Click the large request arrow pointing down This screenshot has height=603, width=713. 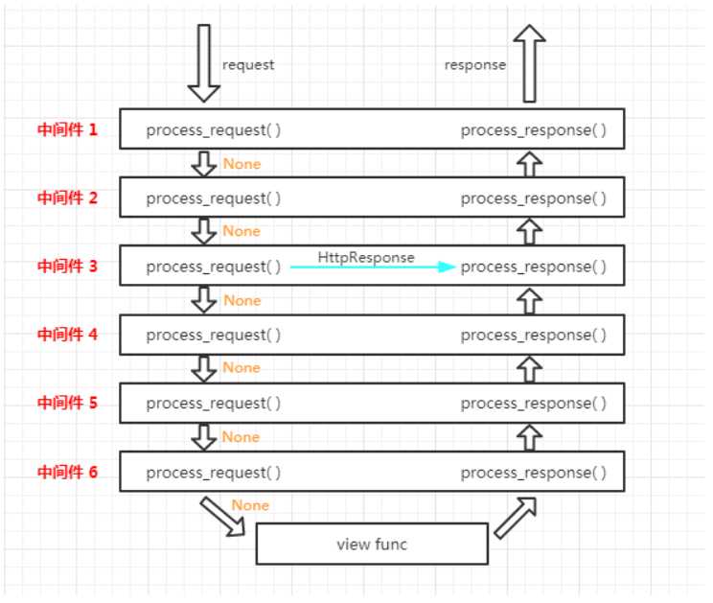[204, 62]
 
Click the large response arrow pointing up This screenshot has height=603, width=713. [529, 62]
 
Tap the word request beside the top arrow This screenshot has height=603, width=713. [248, 65]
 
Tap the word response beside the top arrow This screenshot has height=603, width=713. [475, 65]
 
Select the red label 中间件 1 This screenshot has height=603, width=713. [67, 129]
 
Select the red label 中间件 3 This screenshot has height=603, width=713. [67, 267]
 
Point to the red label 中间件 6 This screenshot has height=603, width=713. [67, 472]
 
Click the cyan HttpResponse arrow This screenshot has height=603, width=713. [373, 267]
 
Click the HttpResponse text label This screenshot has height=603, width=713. [366, 257]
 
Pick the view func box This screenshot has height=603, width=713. [372, 544]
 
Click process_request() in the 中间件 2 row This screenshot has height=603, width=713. [214, 198]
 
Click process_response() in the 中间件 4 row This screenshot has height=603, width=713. [534, 336]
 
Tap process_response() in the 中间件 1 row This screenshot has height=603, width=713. [534, 130]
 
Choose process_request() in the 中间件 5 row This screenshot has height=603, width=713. [214, 404]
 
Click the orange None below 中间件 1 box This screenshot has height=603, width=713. [241, 164]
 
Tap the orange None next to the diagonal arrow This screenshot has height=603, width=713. [250, 505]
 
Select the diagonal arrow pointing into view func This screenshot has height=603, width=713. [222, 517]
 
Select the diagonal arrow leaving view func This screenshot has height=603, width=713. [516, 518]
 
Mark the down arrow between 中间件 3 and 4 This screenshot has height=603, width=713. [204, 300]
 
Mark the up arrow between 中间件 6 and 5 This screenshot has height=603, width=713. [529, 437]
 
